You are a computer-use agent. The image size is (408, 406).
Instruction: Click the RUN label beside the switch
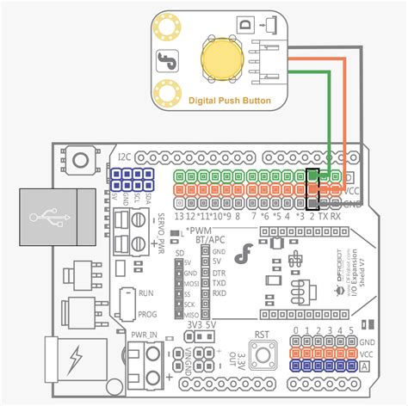146,292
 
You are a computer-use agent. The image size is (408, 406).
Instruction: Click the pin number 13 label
179,216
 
